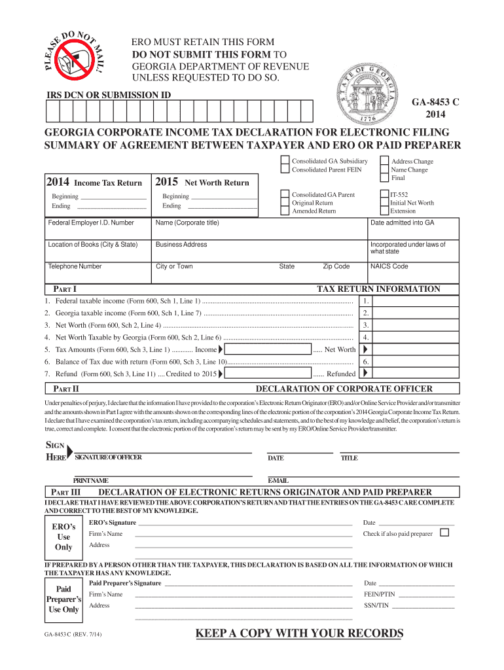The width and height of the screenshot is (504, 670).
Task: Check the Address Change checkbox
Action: coord(384,161)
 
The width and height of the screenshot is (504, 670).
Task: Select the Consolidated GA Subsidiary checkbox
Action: coord(284,161)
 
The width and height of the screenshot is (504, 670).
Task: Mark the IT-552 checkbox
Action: coord(384,194)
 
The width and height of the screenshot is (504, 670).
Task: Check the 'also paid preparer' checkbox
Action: coord(445,533)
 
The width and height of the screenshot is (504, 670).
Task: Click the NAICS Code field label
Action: coord(389,266)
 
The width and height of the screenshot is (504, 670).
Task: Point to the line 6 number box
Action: coord(367,361)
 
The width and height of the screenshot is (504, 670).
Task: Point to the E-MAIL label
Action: coord(278,481)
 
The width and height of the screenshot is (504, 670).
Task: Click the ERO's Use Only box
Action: coord(63,537)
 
